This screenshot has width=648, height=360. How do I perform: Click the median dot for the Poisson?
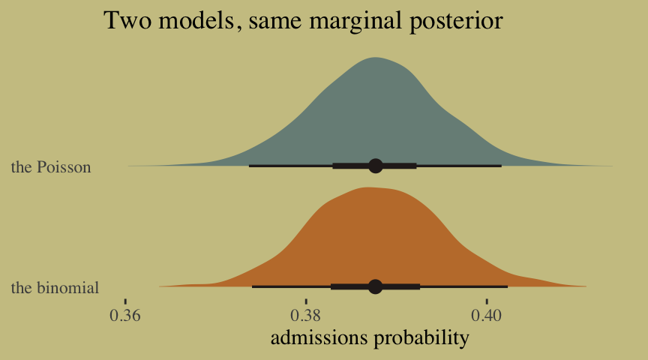[x=375, y=166]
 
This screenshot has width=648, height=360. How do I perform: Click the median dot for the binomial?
[x=375, y=286]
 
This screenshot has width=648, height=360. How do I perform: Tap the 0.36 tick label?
[x=125, y=316]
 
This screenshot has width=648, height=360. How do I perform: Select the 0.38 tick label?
[x=306, y=316]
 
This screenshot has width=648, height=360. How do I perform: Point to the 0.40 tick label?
[x=487, y=316]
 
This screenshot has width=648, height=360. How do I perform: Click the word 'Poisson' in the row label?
[x=64, y=167]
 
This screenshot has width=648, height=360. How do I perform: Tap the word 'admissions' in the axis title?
[x=319, y=337]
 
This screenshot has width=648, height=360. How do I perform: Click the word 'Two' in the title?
[x=127, y=20]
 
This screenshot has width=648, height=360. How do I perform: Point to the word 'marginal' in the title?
[x=355, y=22]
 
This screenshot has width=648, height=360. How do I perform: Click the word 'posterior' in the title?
[x=456, y=22]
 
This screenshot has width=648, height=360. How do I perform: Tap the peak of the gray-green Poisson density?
[x=375, y=58]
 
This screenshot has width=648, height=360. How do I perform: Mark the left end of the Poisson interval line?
[x=249, y=166]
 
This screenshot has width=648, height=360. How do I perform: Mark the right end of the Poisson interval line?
[x=502, y=166]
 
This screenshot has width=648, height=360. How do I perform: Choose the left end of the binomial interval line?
[x=252, y=286]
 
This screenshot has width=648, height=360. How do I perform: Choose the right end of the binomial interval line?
[x=508, y=286]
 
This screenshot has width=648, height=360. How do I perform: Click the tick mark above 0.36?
[x=125, y=301]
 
